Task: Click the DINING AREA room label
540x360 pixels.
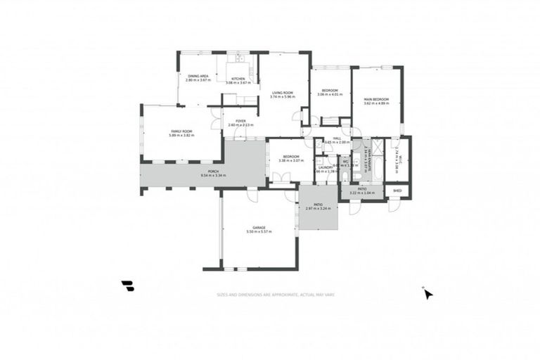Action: [198, 75]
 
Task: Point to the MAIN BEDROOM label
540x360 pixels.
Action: [376, 99]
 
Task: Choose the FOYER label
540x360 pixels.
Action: [240, 120]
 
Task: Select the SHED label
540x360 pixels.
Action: [397, 191]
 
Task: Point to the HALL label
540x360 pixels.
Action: [337, 139]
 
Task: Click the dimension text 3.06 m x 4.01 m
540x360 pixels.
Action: [330, 94]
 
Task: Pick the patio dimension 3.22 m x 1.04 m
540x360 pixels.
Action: [363, 192]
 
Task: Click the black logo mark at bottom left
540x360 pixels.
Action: [127, 285]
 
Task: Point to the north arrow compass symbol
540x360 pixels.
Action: [427, 293]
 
